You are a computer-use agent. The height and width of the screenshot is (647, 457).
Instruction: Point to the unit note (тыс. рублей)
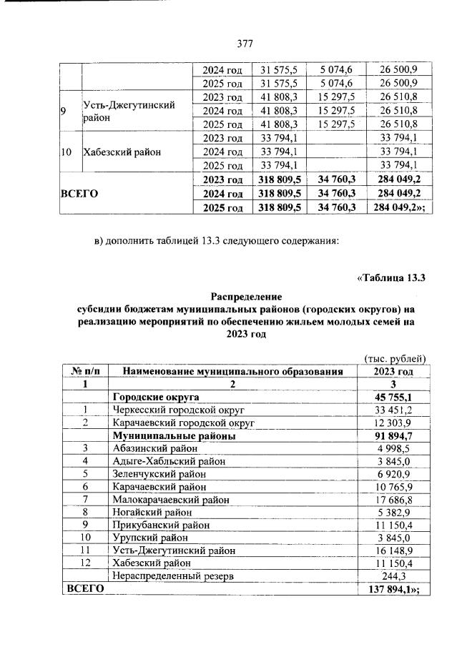395,358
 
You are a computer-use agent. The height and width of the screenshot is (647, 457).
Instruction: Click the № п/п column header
85,371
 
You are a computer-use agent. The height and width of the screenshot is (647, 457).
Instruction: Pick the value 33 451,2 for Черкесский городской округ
392,410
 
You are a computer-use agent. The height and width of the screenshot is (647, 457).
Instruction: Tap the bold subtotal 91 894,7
392,435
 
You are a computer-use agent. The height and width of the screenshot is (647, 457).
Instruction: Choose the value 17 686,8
392,498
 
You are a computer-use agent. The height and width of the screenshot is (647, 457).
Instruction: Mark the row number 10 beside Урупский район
85,537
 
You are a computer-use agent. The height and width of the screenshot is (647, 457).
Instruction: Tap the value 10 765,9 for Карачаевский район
392,485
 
